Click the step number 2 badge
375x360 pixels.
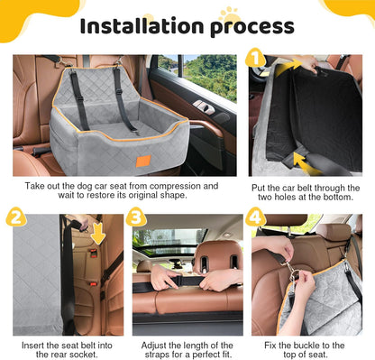point(15,217)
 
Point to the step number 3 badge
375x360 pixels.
point(136,217)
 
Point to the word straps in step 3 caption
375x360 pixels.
point(151,356)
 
